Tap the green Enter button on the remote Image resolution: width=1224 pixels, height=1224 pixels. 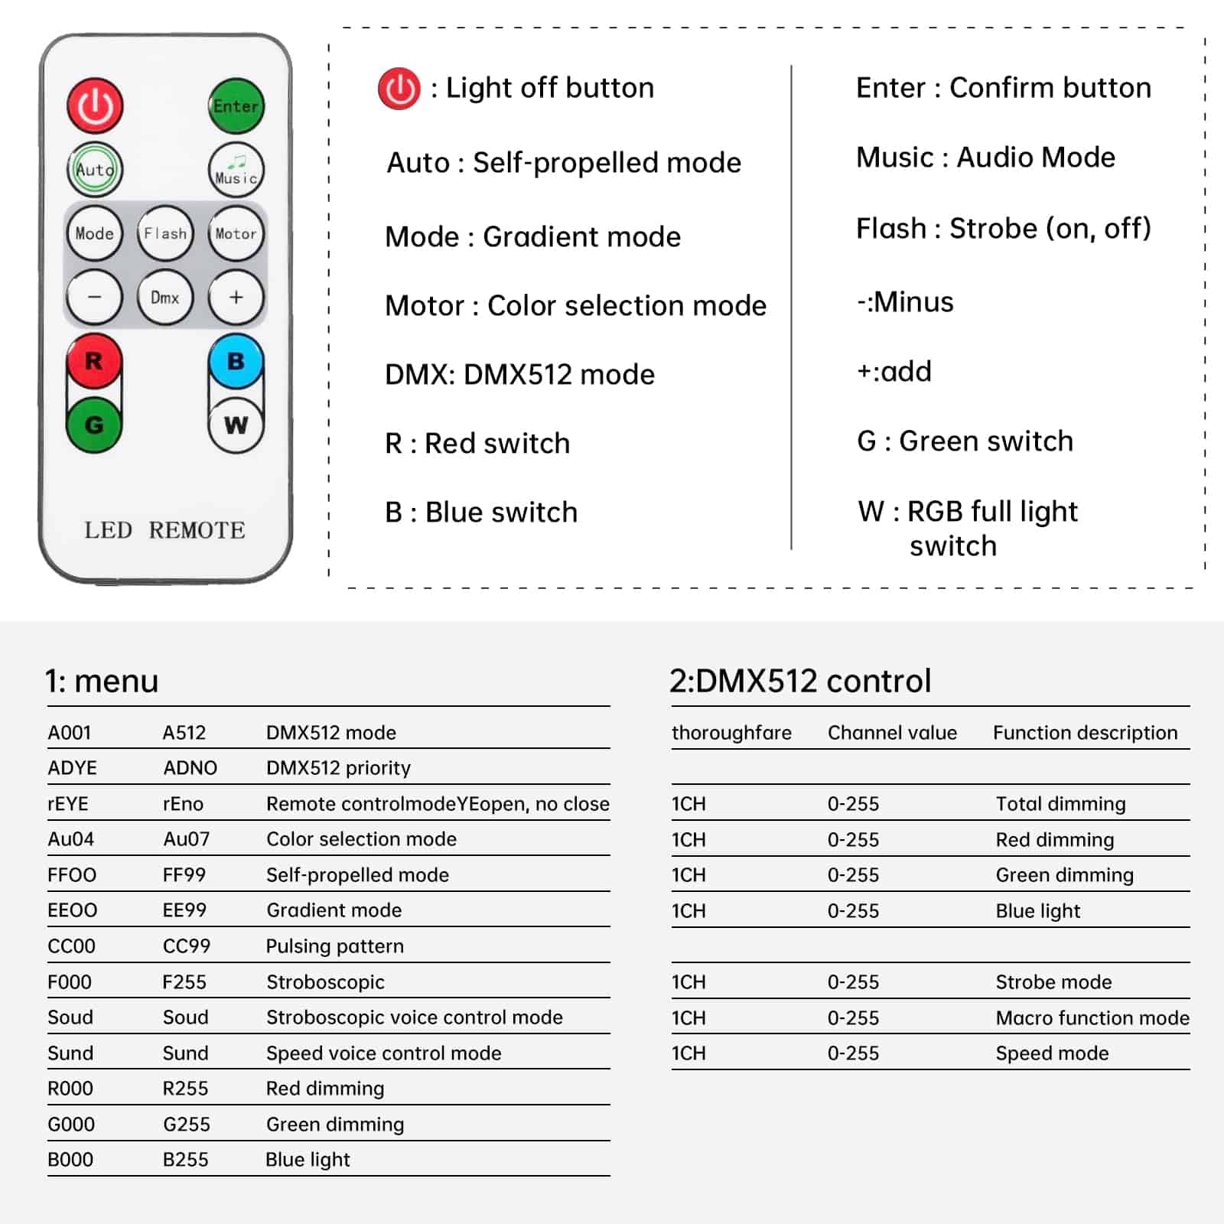point(236,106)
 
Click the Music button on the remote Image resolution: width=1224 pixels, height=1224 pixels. point(236,170)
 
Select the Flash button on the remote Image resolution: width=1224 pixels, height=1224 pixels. point(165,233)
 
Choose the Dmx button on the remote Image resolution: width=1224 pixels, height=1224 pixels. point(165,298)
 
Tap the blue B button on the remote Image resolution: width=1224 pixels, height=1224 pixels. point(236,361)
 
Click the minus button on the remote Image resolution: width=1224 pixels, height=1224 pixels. point(94,298)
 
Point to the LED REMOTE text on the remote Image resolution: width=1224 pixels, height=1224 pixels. point(164,530)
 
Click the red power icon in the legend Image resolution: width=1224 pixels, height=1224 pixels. point(399,89)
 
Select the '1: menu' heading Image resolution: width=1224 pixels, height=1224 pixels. point(102,680)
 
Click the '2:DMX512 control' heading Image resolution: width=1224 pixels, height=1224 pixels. point(800,680)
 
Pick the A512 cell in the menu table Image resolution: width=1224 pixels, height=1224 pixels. point(184,733)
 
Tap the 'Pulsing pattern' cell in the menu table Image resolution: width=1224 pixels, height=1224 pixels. point(334,946)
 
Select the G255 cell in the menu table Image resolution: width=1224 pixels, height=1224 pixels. point(187,1125)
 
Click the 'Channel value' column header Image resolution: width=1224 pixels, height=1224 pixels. point(892,733)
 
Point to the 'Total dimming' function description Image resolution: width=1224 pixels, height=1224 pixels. point(1060,804)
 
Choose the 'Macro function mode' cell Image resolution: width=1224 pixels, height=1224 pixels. point(1092,1018)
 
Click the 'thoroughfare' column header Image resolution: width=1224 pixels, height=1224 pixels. point(731,733)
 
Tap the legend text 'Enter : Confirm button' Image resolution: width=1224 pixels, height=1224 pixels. point(1003,88)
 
